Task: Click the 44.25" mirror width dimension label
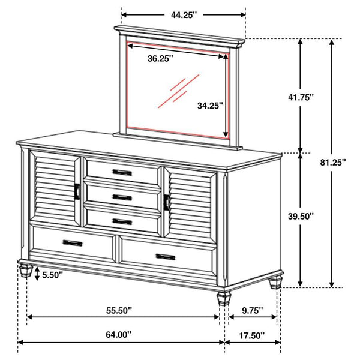pos(184,16)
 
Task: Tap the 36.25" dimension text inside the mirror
pos(161,58)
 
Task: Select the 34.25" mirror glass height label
pos(210,106)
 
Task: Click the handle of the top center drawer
pos(122,173)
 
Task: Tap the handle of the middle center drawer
pos(122,197)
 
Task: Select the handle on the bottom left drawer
pos(73,242)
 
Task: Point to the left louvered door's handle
pos(77,190)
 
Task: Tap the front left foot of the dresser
pos(26,269)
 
